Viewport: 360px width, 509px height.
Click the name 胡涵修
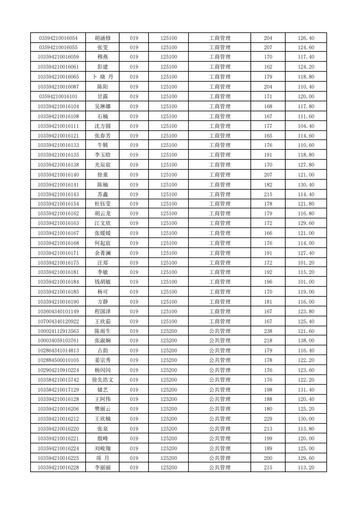point(103,38)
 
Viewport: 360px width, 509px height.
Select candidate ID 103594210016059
point(58,57)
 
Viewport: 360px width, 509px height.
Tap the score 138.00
point(306,341)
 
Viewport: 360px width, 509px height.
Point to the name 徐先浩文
point(103,380)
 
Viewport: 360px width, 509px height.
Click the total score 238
point(268,331)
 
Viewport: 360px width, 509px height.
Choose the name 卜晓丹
point(103,77)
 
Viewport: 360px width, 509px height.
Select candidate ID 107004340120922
point(58,321)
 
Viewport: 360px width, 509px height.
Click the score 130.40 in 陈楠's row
point(306,185)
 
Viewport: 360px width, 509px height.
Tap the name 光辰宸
point(103,165)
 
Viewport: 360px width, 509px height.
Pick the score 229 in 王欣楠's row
point(268,419)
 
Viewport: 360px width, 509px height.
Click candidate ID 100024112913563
point(58,331)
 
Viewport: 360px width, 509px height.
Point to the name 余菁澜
point(103,253)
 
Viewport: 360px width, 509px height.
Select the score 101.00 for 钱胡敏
point(306,282)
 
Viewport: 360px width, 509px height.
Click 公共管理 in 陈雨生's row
point(220,331)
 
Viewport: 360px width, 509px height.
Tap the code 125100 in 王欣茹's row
point(169,321)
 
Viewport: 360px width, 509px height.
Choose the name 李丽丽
point(103,468)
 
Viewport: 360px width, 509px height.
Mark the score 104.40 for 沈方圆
point(306,126)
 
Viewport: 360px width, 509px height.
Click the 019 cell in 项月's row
point(134,458)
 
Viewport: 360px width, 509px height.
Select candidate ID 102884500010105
point(58,360)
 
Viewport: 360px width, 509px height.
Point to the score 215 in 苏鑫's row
point(268,194)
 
